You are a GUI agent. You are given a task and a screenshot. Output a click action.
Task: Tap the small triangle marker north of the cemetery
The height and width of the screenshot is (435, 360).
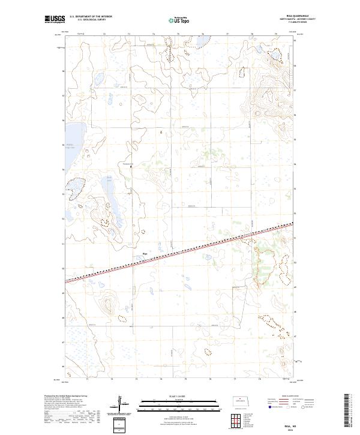[161, 130]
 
